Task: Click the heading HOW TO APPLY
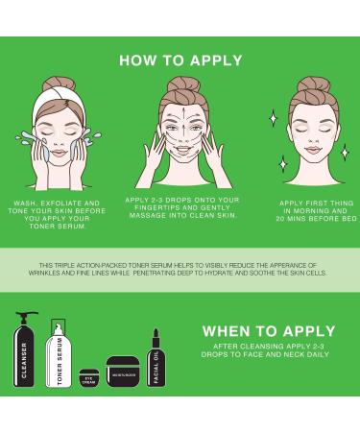pyautogui.click(x=180, y=60)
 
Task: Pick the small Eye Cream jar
pyautogui.click(x=88, y=377)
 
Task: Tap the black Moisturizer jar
pyautogui.click(x=122, y=371)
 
